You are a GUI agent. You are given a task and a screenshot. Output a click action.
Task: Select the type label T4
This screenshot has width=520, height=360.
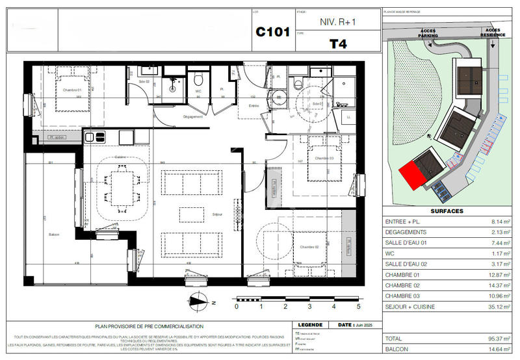(x=337, y=44)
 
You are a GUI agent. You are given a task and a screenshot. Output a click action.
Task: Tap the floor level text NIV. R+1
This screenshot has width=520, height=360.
(x=337, y=21)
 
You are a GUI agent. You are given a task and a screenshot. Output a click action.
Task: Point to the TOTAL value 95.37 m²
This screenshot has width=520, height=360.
(x=495, y=339)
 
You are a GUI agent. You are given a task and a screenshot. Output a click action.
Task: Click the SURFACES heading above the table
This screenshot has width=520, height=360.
(x=446, y=212)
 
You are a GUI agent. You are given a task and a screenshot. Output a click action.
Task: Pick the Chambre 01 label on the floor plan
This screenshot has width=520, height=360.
(x=71, y=90)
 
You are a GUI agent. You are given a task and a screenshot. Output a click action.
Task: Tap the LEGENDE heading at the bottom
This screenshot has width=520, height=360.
(x=308, y=326)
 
